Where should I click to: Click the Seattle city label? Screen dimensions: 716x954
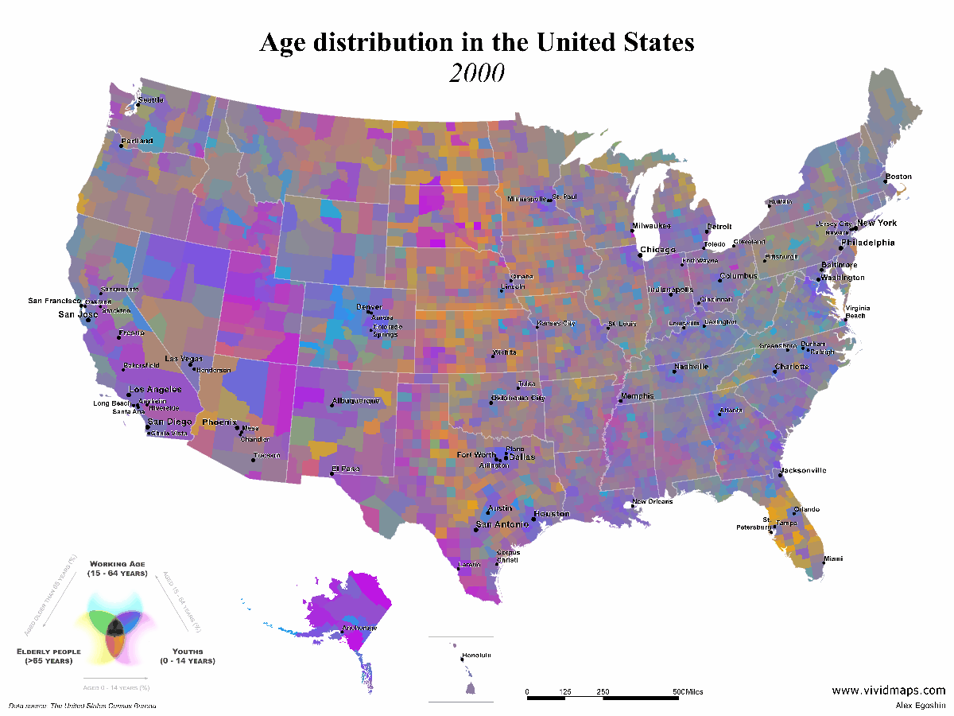(151, 100)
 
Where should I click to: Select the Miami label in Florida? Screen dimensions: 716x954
(833, 558)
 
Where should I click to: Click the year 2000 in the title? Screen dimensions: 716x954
(477, 72)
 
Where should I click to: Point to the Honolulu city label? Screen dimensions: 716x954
(477, 655)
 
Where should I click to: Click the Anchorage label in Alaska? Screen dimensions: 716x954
(359, 628)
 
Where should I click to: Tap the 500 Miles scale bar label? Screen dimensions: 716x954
(688, 692)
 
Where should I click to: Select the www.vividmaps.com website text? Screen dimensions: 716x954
(889, 691)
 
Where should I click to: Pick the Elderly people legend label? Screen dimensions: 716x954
(48, 651)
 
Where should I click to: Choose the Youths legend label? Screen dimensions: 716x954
(187, 651)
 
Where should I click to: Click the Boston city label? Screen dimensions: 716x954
(898, 177)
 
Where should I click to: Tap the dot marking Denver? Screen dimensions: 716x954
(368, 313)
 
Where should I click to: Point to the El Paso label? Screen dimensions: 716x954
(347, 469)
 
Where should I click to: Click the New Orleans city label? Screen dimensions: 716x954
(653, 502)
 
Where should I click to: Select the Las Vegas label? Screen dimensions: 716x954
(184, 359)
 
